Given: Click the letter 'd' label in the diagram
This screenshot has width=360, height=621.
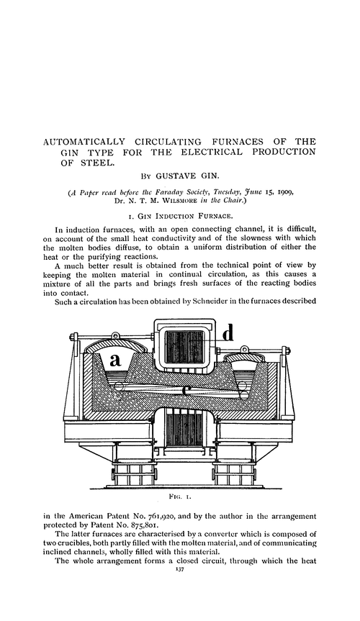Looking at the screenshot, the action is point(228,334).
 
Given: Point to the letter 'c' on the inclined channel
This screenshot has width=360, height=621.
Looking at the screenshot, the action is point(185,391).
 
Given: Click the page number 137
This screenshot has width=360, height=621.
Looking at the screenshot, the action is point(180,597).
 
